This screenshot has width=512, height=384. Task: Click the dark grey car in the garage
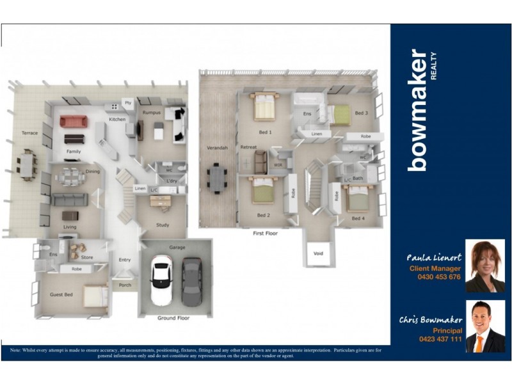pyautogui.click(x=191, y=282)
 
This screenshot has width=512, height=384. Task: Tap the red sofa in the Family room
pyautogui.click(x=73, y=121)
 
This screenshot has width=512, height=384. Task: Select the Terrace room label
pyautogui.click(x=30, y=133)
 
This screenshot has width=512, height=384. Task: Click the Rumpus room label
pyautogui.click(x=152, y=112)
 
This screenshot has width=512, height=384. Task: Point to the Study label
pyautogui.click(x=162, y=225)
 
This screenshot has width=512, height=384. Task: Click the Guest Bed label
pyautogui.click(x=61, y=294)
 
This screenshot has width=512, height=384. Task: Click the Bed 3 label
pyautogui.click(x=362, y=113)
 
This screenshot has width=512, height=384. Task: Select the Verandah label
pyautogui.click(x=217, y=148)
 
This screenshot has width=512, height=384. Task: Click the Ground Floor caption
pyautogui.click(x=174, y=317)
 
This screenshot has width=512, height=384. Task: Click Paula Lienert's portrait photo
pyautogui.click(x=484, y=266)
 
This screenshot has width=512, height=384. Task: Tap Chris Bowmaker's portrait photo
pyautogui.click(x=484, y=326)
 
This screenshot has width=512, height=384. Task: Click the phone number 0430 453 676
pyautogui.click(x=435, y=277)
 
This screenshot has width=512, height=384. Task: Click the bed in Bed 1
pyautogui.click(x=264, y=106)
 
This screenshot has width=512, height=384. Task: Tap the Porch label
pyautogui.click(x=125, y=285)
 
